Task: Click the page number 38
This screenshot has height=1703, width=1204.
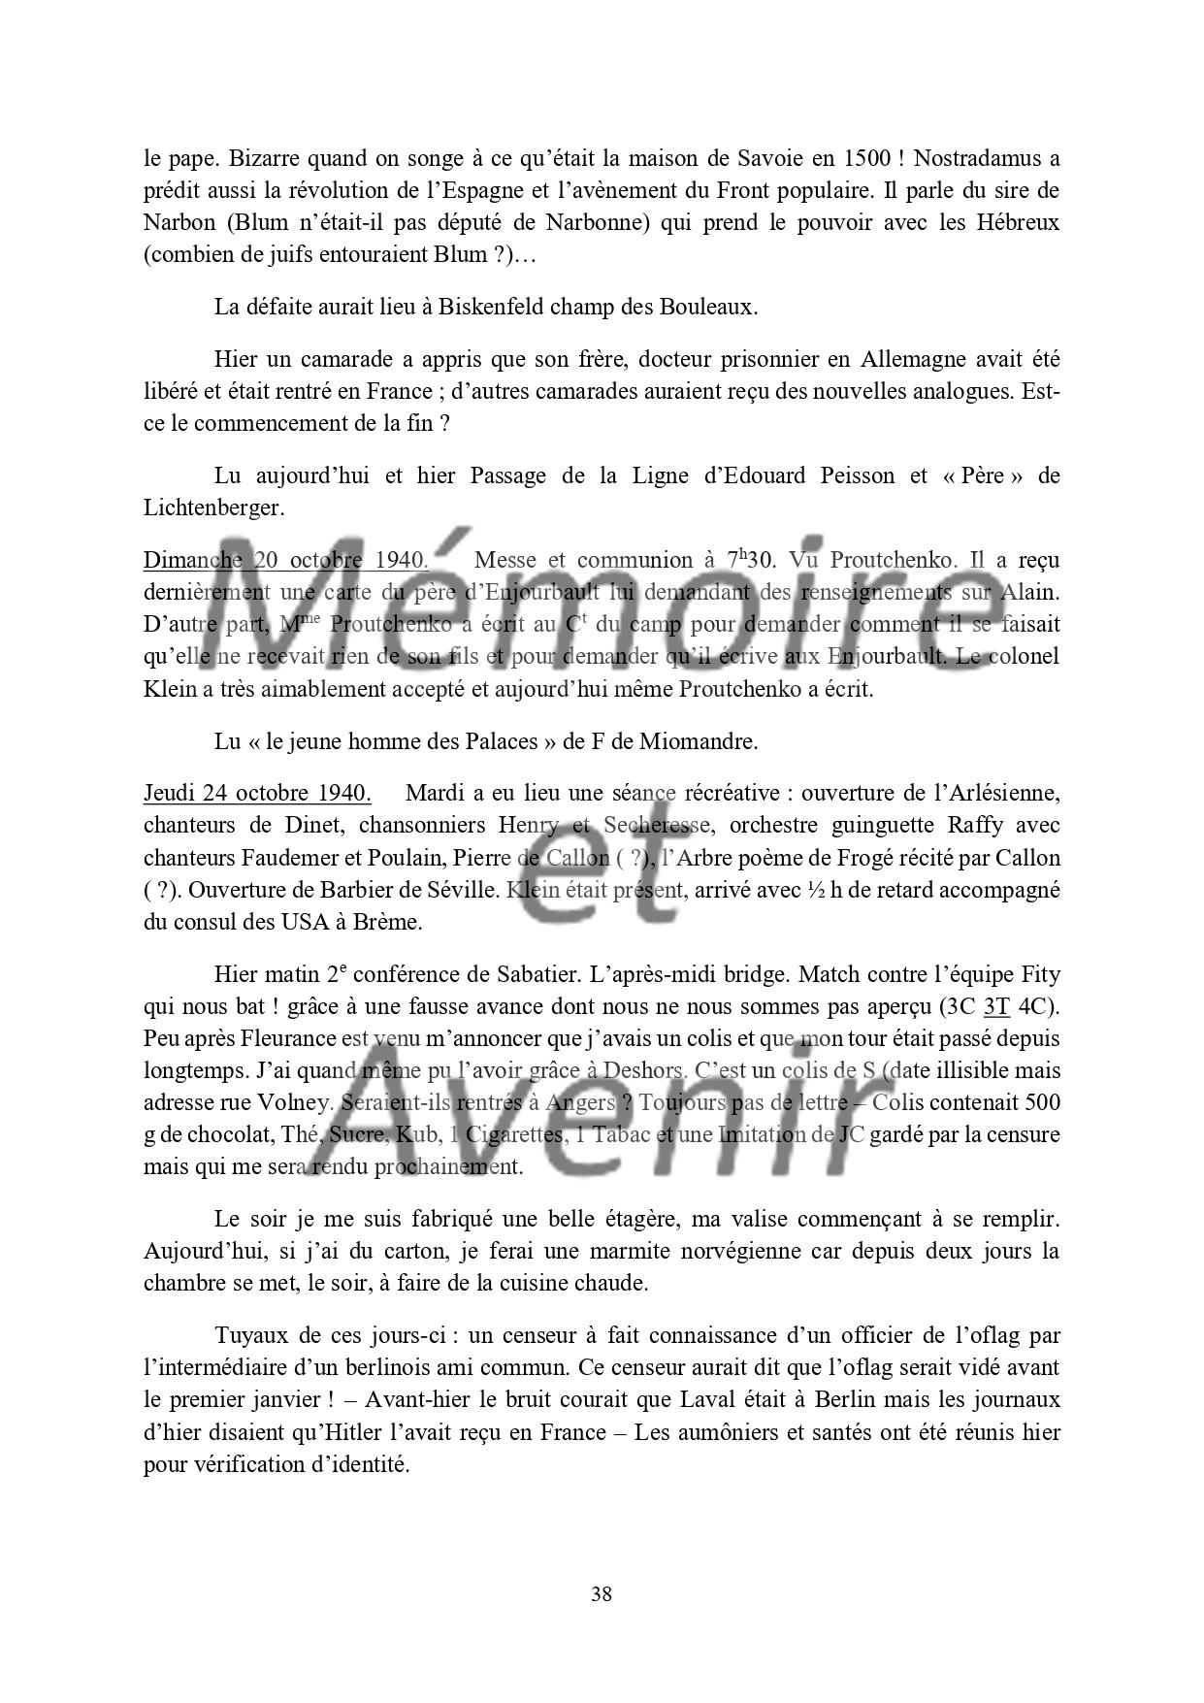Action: click(x=601, y=1593)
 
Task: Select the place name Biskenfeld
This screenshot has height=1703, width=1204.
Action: click(x=495, y=307)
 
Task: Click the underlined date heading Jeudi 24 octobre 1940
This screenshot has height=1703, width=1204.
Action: click(x=257, y=793)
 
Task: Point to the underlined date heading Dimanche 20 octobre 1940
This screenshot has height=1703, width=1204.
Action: click(x=285, y=560)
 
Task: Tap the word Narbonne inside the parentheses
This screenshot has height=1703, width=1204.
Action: click(x=589, y=221)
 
